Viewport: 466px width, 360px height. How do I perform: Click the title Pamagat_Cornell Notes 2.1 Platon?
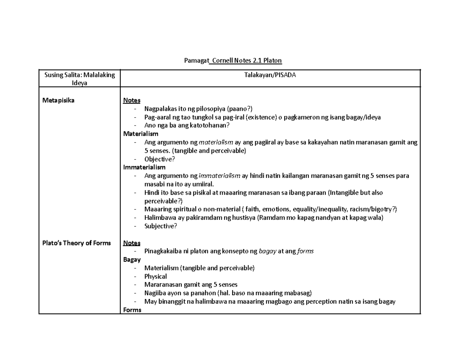pyautogui.click(x=233, y=61)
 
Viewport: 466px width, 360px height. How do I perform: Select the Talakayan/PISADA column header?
pyautogui.click(x=271, y=75)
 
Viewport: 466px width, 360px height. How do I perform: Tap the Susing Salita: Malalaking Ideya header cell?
pyautogui.click(x=79, y=79)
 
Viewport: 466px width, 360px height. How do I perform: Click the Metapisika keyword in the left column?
pyautogui.click(x=59, y=101)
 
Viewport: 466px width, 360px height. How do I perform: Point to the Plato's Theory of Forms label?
pyautogui.click(x=77, y=243)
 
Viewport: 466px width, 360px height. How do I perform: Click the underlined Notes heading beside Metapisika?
pyautogui.click(x=132, y=101)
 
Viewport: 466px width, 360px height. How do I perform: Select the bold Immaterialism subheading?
pyautogui.click(x=144, y=167)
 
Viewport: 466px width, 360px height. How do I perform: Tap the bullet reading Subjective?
pyautogui.click(x=160, y=226)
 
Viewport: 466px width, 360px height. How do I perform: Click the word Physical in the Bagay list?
pyautogui.click(x=155, y=277)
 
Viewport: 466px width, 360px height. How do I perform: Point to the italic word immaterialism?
pyautogui.click(x=219, y=176)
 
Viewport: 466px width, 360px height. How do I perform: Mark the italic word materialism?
pyautogui.click(x=214, y=142)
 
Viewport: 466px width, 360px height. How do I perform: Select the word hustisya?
pyautogui.click(x=241, y=218)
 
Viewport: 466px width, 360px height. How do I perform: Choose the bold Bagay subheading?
pyautogui.click(x=132, y=260)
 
